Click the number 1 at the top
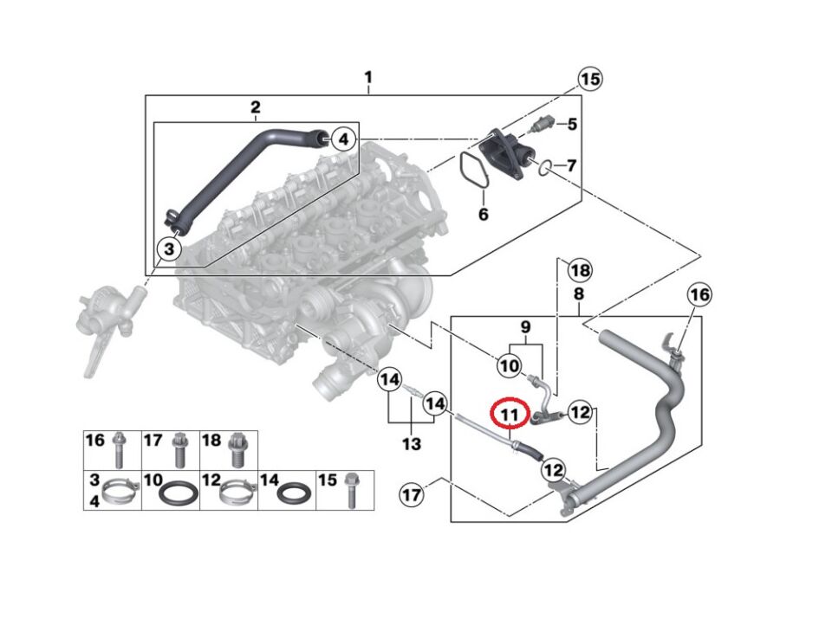click(368, 78)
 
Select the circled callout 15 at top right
click(590, 80)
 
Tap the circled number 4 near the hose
click(343, 139)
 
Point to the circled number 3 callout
click(169, 249)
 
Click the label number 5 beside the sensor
click(572, 124)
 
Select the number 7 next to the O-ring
click(571, 164)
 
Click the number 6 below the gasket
click(484, 213)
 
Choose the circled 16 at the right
click(699, 296)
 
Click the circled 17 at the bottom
click(413, 496)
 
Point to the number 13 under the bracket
click(411, 444)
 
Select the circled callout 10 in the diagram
click(510, 366)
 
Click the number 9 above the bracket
click(523, 328)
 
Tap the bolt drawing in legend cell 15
click(351, 487)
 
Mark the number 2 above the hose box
click(256, 107)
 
